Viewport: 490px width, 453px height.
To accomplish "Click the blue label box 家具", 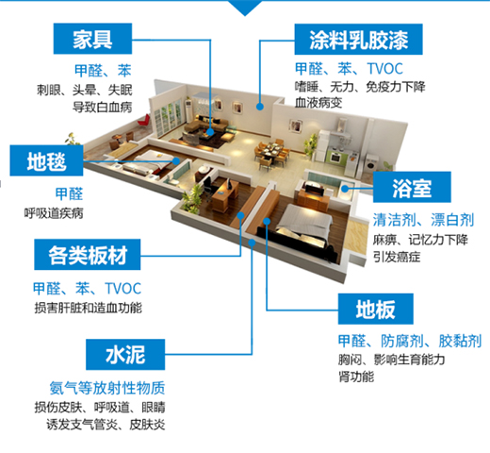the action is pyautogui.click(x=92, y=39).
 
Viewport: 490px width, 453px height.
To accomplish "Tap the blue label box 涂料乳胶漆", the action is pyautogui.click(x=358, y=40).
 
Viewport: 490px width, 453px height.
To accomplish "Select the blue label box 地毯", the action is pyautogui.click(x=46, y=160).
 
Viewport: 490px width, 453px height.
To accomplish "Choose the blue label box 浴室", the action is pyautogui.click(x=412, y=187).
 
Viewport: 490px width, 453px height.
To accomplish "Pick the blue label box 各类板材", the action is pyautogui.click(x=88, y=255).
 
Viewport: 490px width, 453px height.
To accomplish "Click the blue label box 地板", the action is pyautogui.click(x=376, y=309).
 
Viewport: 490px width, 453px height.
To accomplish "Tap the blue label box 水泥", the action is pyautogui.click(x=125, y=355).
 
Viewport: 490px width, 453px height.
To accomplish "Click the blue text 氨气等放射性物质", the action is pyautogui.click(x=107, y=388).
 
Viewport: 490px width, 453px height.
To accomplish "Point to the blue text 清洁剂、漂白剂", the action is pyautogui.click(x=423, y=220).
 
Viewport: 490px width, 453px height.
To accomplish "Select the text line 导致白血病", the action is pyautogui.click(x=103, y=108).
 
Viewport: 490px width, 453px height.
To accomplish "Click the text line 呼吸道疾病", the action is pyautogui.click(x=54, y=213).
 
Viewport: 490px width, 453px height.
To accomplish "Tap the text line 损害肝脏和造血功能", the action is pyautogui.click(x=88, y=308).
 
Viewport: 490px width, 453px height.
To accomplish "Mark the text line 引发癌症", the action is pyautogui.click(x=397, y=257).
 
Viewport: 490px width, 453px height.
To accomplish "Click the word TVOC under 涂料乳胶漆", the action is pyautogui.click(x=385, y=69).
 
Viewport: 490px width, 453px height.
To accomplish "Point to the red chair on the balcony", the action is pyautogui.click(x=144, y=121).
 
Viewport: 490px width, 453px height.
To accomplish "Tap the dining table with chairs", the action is pyautogui.click(x=271, y=153).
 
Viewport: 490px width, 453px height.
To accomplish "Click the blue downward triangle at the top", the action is pyautogui.click(x=245, y=8).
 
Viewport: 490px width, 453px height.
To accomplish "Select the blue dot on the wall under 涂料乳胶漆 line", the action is pyautogui.click(x=259, y=107).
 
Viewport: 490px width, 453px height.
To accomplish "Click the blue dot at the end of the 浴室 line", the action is pyautogui.click(x=345, y=189).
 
